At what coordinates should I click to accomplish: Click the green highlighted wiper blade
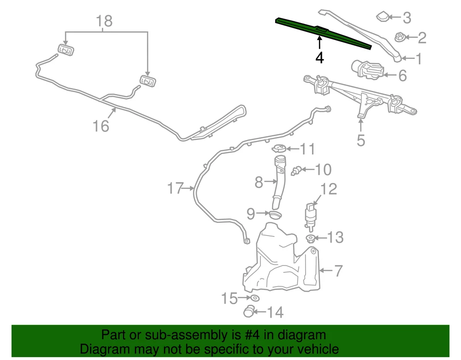(x=324, y=33)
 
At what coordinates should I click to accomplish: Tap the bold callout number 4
(x=319, y=58)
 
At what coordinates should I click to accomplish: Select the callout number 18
(x=104, y=21)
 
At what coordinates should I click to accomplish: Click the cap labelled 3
(x=383, y=17)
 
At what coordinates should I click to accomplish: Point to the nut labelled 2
(x=400, y=37)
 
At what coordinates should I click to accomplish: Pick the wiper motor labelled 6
(x=368, y=69)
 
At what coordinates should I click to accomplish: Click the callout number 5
(x=361, y=140)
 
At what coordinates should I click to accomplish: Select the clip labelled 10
(x=296, y=171)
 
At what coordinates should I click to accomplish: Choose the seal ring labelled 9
(x=275, y=214)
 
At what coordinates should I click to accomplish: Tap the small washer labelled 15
(x=255, y=298)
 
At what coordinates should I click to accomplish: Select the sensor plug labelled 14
(x=249, y=311)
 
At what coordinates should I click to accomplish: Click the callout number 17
(x=176, y=188)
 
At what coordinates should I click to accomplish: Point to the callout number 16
(x=101, y=126)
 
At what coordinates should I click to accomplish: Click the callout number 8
(x=259, y=182)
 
